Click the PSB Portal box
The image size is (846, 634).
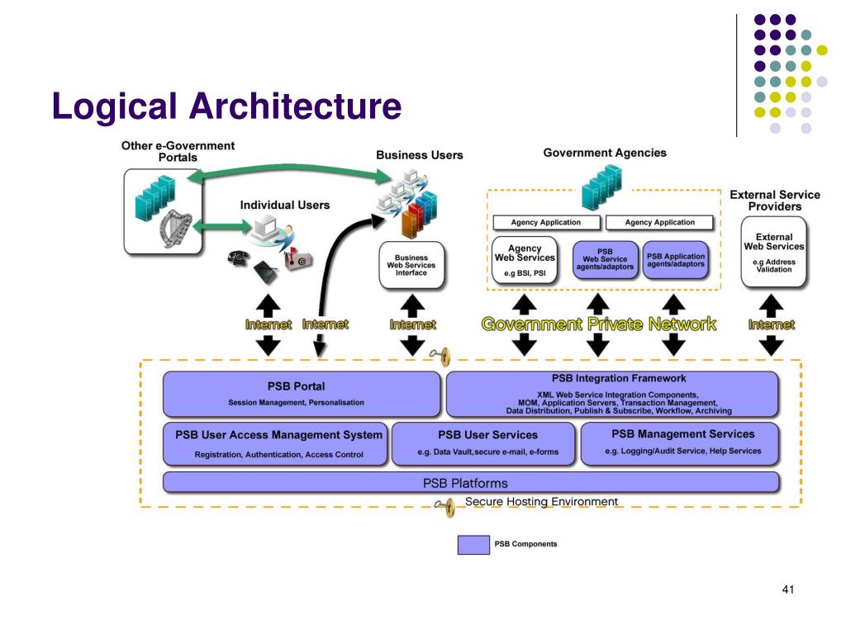[x=302, y=394]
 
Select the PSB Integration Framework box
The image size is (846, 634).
[x=612, y=394]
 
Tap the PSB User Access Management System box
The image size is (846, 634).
[x=275, y=443]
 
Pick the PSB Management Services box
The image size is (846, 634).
[x=680, y=443]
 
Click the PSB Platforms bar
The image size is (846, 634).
[x=471, y=482]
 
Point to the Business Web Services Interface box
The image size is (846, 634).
[x=411, y=265]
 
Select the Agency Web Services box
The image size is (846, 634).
[x=525, y=260]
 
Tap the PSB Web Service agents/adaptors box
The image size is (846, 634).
[x=605, y=260]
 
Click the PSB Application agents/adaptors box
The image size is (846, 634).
[x=676, y=260]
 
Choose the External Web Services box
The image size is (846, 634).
[x=773, y=252]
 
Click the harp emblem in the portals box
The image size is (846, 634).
[x=176, y=228]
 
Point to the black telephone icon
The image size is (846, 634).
[x=238, y=258]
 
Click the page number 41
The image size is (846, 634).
[x=787, y=589]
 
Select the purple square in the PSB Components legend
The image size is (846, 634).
[x=473, y=545]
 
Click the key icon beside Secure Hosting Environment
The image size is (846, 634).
[x=445, y=507]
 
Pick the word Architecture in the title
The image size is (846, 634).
[x=295, y=106]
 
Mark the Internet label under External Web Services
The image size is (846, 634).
[x=772, y=324]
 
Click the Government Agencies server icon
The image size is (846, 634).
[x=601, y=187]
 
